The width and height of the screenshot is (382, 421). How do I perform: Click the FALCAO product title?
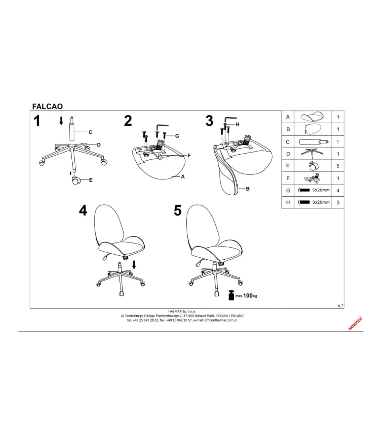point(47,106)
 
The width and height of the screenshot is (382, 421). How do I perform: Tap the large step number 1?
point(37,121)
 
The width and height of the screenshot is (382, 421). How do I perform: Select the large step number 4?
point(83,210)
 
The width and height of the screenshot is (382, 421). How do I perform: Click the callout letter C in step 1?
point(90,132)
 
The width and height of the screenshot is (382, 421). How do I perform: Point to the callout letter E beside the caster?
point(91,180)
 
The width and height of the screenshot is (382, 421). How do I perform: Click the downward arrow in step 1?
point(61,121)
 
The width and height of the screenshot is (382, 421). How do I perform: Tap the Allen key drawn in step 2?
point(162,126)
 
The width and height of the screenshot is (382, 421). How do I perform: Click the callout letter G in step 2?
point(177,136)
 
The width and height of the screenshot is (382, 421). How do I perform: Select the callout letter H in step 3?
point(237,124)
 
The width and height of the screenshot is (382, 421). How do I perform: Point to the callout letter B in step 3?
point(248,189)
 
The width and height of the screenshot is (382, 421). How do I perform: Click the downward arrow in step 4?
point(134,265)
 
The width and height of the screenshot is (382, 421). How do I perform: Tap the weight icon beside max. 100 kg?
point(231,295)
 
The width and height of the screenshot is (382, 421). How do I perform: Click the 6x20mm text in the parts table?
point(321,190)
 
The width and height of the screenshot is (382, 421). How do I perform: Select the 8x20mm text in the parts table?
point(321,202)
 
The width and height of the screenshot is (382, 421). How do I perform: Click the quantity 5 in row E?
point(338,166)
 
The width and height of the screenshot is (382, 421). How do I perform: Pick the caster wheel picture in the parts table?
point(312,166)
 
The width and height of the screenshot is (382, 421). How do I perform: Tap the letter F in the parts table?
point(288,178)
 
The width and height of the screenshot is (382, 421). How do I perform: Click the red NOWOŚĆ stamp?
point(356,323)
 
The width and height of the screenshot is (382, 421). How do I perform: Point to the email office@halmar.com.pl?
point(221,320)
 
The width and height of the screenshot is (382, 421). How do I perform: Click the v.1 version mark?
point(341,305)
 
